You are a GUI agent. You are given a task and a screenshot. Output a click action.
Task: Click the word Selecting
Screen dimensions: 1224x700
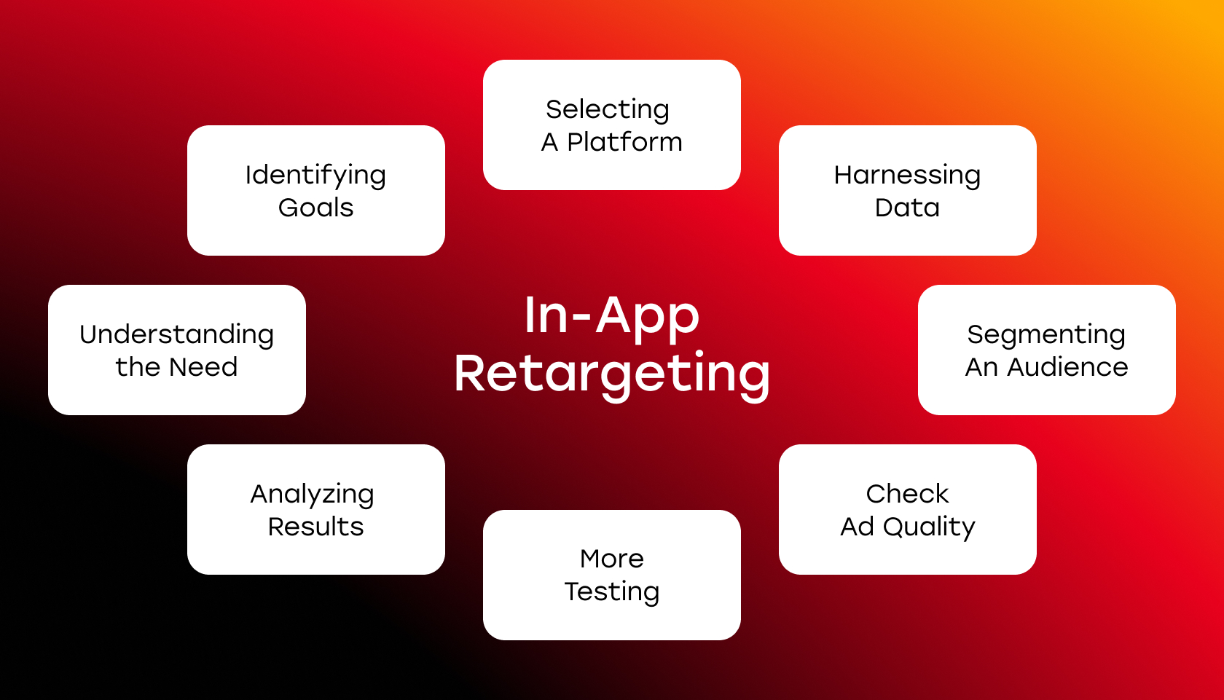[608, 111]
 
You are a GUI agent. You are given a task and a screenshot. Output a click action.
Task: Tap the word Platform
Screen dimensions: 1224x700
[624, 142]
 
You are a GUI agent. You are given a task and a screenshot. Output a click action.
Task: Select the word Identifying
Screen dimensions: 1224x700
[316, 176]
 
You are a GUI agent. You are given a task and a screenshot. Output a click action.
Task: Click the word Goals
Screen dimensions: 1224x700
[316, 208]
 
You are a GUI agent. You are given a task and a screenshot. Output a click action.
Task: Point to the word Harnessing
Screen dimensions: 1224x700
[907, 176]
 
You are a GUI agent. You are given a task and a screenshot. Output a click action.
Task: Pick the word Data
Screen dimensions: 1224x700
[907, 208]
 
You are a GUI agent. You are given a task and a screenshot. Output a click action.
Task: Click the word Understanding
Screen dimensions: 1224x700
[176, 335]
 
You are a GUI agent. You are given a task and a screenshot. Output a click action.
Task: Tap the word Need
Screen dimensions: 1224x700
[203, 366]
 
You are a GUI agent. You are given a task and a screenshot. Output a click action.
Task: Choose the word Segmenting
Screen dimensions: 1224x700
[1046, 335]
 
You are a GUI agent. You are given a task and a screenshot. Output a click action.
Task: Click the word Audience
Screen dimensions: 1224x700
[1068, 366]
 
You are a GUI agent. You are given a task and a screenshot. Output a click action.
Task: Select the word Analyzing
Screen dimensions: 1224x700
[313, 495]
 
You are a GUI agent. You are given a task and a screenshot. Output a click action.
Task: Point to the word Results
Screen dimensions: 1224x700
[316, 527]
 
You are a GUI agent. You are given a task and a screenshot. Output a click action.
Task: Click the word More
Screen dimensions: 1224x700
[612, 559]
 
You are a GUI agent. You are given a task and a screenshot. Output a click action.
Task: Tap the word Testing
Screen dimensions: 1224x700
[612, 592]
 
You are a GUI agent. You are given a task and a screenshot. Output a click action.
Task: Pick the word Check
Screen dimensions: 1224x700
[908, 494]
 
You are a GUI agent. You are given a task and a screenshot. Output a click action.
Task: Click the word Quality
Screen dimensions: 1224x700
[929, 528]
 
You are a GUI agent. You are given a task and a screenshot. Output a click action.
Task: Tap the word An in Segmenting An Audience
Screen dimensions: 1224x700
[982, 366]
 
